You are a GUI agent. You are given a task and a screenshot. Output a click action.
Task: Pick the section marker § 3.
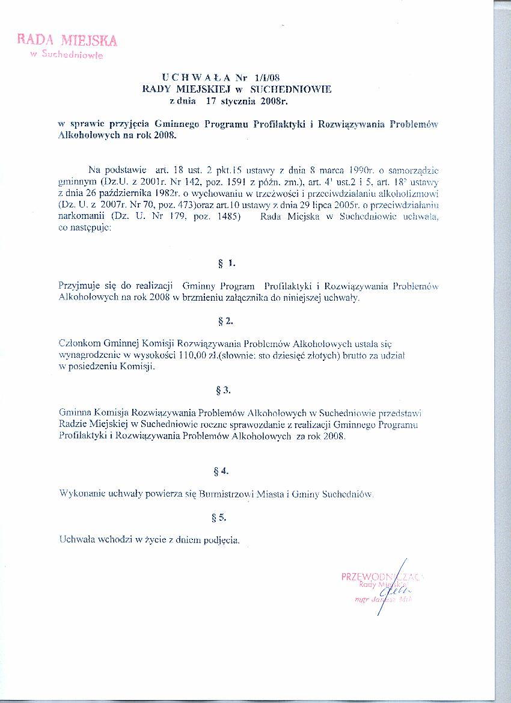point(223,390)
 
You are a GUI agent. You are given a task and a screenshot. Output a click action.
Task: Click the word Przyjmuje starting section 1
point(80,286)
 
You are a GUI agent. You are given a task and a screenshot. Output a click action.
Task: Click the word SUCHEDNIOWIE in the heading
point(290,88)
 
